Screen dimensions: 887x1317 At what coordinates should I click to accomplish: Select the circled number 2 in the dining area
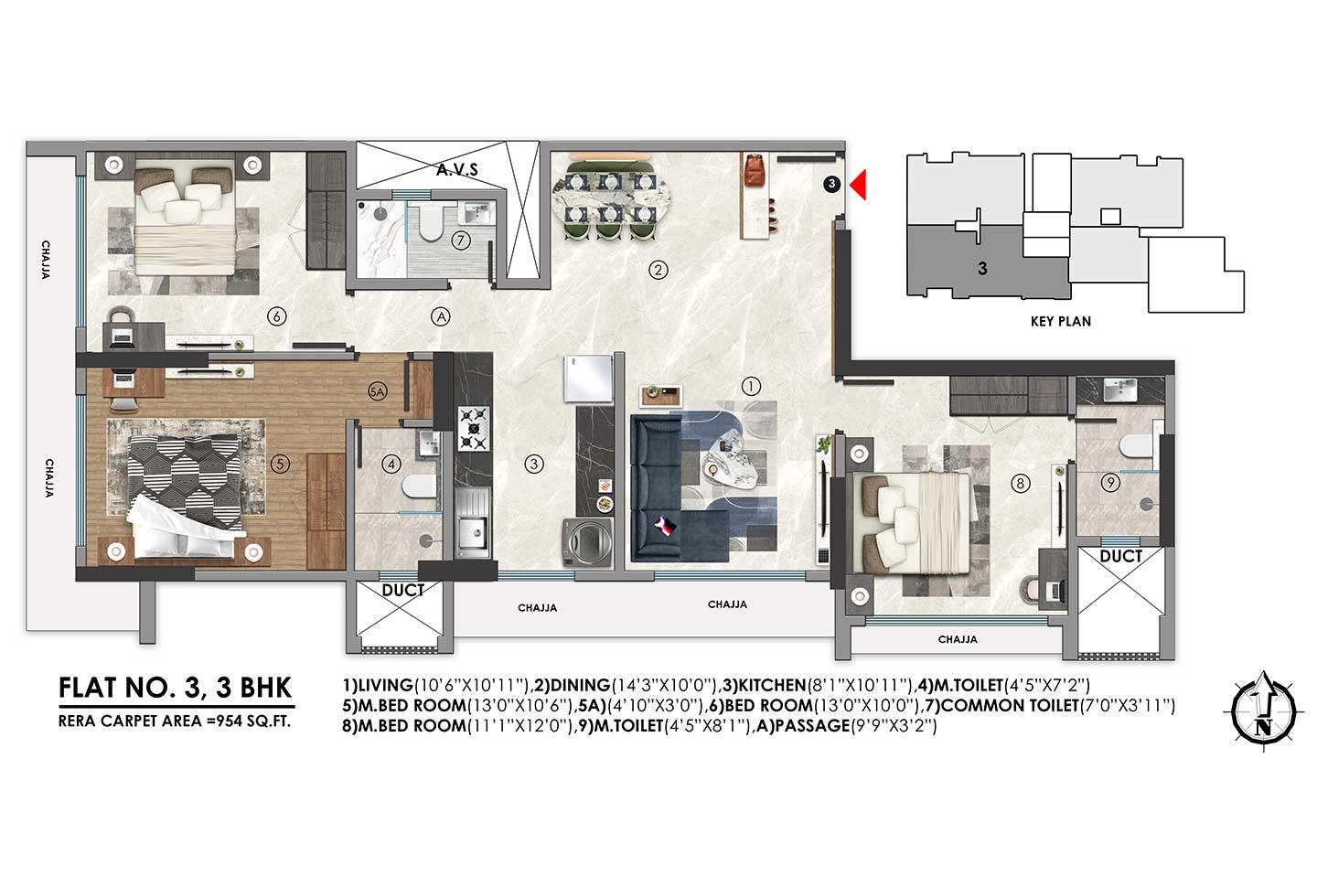[x=656, y=269]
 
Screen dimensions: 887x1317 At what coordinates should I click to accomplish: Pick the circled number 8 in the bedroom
[x=1021, y=482]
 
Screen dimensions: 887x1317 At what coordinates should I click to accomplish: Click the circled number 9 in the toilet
[x=1109, y=484]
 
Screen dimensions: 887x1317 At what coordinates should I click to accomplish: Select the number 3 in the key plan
[x=981, y=269]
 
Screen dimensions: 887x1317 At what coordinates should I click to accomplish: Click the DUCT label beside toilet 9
[x=1120, y=556]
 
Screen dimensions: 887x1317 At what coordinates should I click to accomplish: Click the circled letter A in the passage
[x=441, y=317]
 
